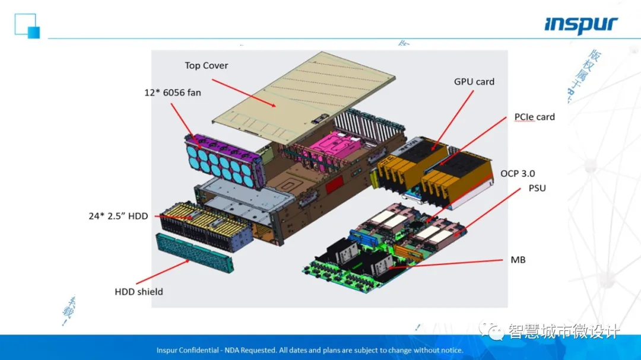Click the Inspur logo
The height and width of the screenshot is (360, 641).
click(x=581, y=26)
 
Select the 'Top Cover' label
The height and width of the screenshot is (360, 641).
click(x=206, y=66)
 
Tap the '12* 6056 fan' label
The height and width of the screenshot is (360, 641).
click(x=173, y=93)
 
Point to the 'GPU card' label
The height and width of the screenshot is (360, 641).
click(x=474, y=82)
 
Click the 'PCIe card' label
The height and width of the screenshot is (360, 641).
click(x=534, y=117)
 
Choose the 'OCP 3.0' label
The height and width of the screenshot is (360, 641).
click(x=518, y=174)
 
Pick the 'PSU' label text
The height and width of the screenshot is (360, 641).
click(x=537, y=189)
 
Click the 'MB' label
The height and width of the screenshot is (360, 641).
click(x=518, y=260)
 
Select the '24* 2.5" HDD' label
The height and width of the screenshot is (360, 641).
click(x=118, y=216)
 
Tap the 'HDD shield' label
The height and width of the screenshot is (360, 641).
click(x=138, y=292)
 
